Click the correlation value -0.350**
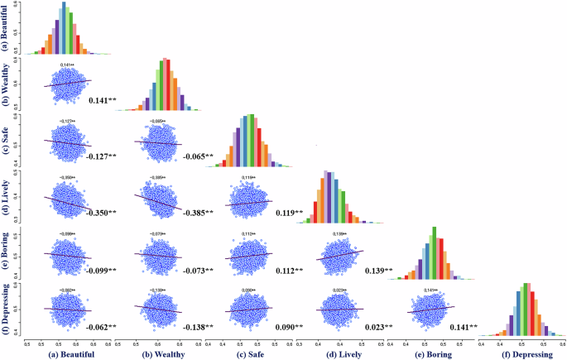click(101, 213)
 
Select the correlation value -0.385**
click(198, 213)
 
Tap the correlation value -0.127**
click(101, 156)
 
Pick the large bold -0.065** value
click(198, 156)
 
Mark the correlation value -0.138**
click(198, 327)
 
